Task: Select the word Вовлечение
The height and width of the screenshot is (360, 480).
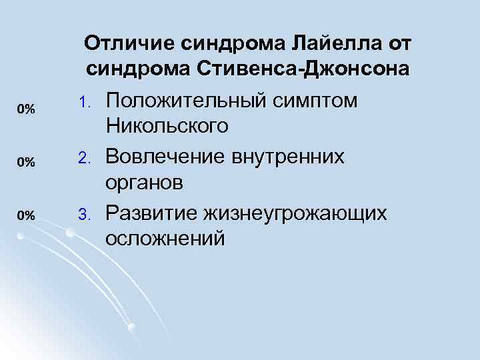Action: (169, 157)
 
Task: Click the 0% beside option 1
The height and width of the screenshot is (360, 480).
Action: (26, 109)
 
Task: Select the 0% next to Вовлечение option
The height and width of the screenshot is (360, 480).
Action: (26, 161)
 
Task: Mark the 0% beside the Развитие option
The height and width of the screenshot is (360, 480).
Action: (26, 215)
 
